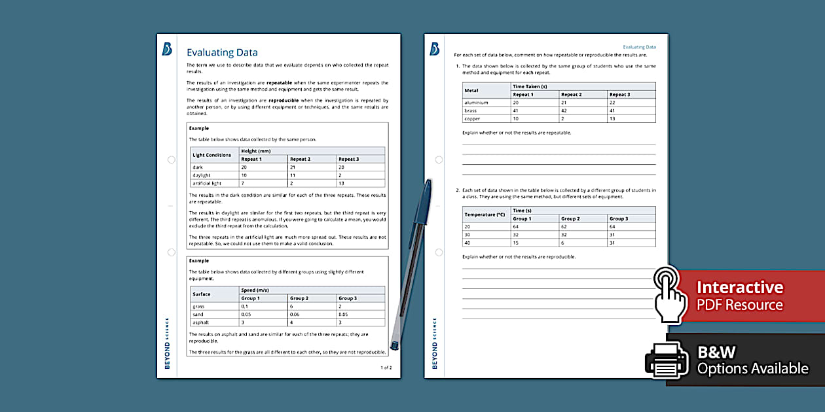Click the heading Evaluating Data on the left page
(222, 53)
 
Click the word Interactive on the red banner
(739, 287)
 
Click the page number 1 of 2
(386, 368)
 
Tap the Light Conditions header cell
(211, 155)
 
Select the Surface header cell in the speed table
(201, 294)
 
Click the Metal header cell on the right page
(471, 90)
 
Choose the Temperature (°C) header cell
(485, 215)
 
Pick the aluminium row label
(476, 103)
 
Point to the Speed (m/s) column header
(255, 290)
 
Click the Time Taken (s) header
(530, 86)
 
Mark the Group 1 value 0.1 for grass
(245, 306)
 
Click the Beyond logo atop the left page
(167, 49)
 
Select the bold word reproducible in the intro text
(284, 100)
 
